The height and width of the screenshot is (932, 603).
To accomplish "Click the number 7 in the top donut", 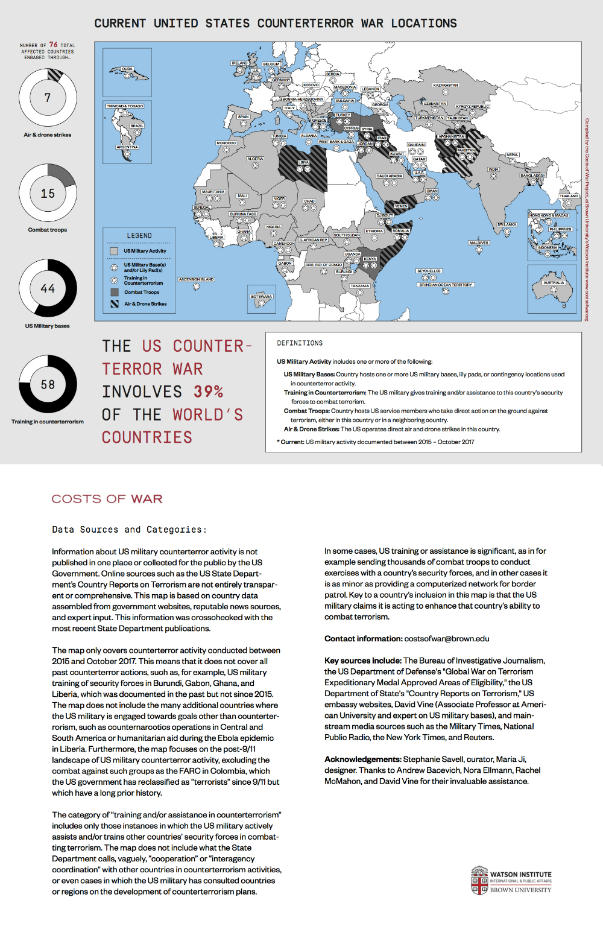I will pyautogui.click(x=48, y=98).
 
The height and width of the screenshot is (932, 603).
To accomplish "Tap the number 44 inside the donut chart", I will pyautogui.click(x=48, y=288).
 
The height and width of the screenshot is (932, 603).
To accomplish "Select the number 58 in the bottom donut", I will pyautogui.click(x=48, y=384).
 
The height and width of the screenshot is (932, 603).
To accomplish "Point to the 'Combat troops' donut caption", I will pyautogui.click(x=48, y=230).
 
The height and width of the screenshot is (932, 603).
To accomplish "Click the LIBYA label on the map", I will pyautogui.click(x=303, y=162).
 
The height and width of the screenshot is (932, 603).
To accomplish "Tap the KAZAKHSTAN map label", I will pyautogui.click(x=446, y=86).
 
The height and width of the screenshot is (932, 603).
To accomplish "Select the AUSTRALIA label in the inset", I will pyautogui.click(x=553, y=282).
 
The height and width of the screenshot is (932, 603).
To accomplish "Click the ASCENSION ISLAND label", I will pyautogui.click(x=196, y=279).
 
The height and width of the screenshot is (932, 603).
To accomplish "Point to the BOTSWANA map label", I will pyautogui.click(x=262, y=297).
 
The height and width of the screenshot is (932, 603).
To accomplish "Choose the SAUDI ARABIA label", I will pyautogui.click(x=390, y=176).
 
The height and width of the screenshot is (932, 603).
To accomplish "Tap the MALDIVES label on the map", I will pyautogui.click(x=479, y=243).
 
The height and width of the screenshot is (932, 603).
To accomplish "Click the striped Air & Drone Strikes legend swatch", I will pyautogui.click(x=114, y=304).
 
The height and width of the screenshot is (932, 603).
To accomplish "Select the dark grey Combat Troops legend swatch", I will pyautogui.click(x=114, y=292).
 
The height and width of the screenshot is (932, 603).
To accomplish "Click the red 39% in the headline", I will pyautogui.click(x=208, y=392).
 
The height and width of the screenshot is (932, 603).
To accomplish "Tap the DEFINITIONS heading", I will pyautogui.click(x=300, y=343).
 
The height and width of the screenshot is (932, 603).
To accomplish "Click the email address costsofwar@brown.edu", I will pyautogui.click(x=446, y=639).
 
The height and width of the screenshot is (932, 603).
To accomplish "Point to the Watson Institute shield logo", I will pyautogui.click(x=479, y=881).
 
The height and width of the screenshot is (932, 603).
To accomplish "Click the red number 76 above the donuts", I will pyautogui.click(x=54, y=45).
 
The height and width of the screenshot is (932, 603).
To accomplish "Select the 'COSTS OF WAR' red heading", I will pyautogui.click(x=107, y=499).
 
